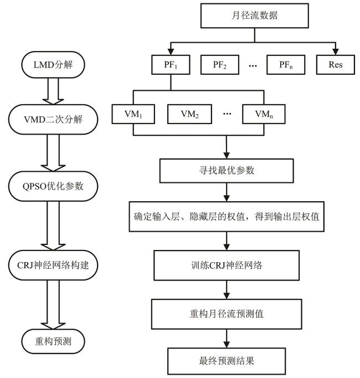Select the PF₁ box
[171, 64]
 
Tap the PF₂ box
[220, 64]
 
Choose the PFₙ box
[285, 64]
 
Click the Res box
[335, 64]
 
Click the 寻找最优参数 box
[227, 171]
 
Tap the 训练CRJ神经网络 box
[227, 264]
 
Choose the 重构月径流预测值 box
[227, 313]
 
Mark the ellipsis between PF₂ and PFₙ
[253, 65]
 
